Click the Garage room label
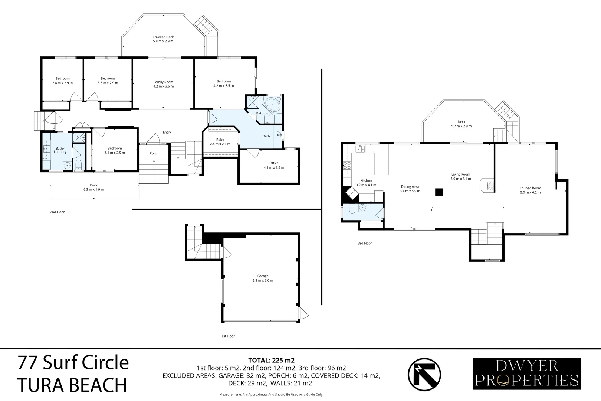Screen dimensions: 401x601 click(265, 278)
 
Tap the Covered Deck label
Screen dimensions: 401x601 click(163, 39)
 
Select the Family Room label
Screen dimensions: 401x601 click(163, 84)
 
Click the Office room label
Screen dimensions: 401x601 click(274, 165)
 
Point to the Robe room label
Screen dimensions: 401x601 click(220, 142)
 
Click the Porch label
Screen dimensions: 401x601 click(154, 153)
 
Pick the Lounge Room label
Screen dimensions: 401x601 click(530, 190)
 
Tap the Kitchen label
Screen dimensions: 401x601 click(366, 183)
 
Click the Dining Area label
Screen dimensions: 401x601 click(410, 189)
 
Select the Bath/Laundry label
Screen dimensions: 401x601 click(60, 150)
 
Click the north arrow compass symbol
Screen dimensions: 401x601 click(424, 374)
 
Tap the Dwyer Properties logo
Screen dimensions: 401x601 click(526, 374)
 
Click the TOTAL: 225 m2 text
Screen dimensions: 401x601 click(271, 360)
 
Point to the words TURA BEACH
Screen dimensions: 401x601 click(72, 385)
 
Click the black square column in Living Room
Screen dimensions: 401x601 click(439, 192)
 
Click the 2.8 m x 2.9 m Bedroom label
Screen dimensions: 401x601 click(62, 81)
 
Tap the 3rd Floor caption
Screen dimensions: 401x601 click(365, 244)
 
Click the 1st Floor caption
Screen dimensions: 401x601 click(228, 336)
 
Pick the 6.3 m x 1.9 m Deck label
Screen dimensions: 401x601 click(93, 188)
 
